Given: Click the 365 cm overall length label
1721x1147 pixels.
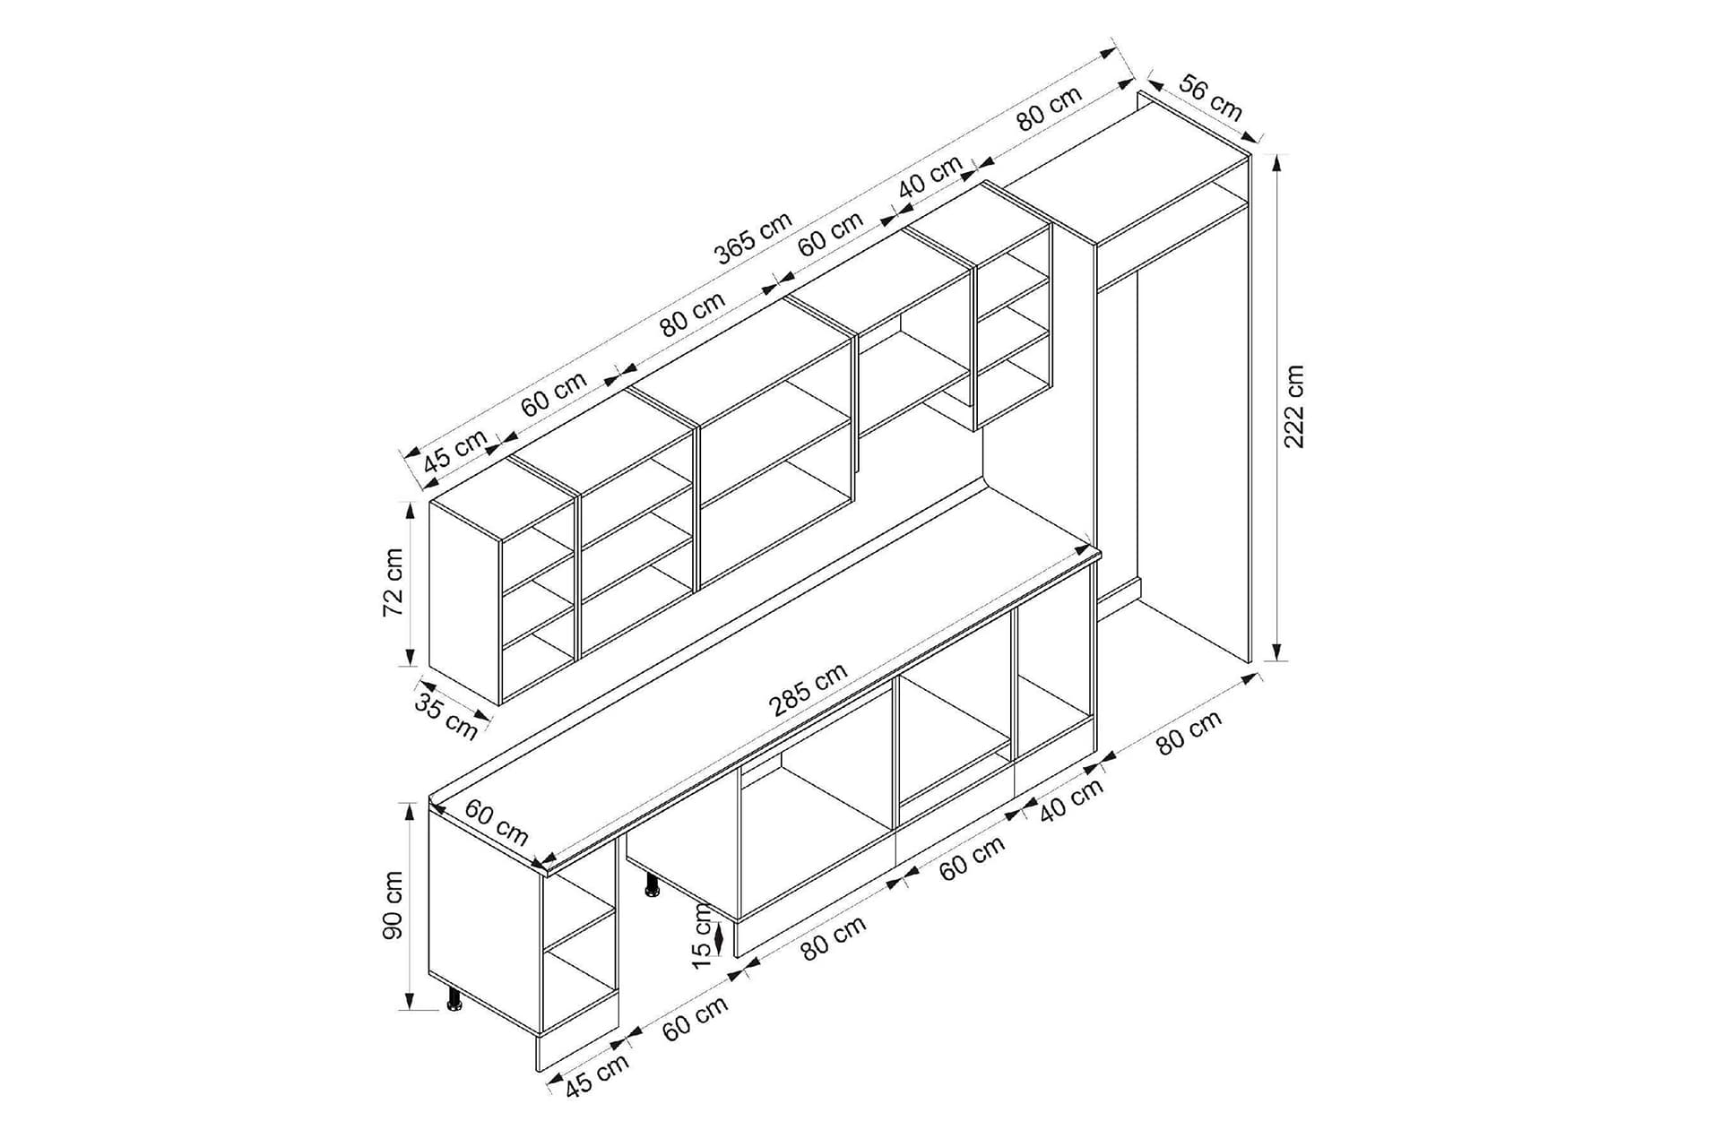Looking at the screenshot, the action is coord(754,238).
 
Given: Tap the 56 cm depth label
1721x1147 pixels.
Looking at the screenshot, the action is coord(1210,98).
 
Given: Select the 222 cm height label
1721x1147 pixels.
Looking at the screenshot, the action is coord(1294,406).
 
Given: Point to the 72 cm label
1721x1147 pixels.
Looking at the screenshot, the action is coord(393,582).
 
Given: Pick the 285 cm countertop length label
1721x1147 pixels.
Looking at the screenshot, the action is coord(807,689).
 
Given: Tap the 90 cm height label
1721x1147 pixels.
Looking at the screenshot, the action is coord(393,905).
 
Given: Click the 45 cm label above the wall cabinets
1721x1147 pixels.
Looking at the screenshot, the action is coord(455,451).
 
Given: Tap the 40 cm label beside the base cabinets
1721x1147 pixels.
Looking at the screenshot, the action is coord(1071,800).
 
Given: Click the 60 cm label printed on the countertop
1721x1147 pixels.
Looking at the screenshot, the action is coord(497,822).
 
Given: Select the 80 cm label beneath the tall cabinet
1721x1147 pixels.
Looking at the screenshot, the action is coord(1189,732).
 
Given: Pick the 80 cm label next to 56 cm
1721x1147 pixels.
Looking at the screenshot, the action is coord(1050,108).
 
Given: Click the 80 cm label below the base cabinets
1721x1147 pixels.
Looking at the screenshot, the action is coord(834,938).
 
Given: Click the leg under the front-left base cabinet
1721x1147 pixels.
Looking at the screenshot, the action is coord(455,999).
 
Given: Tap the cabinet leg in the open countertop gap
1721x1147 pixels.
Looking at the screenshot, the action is coord(652,885).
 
